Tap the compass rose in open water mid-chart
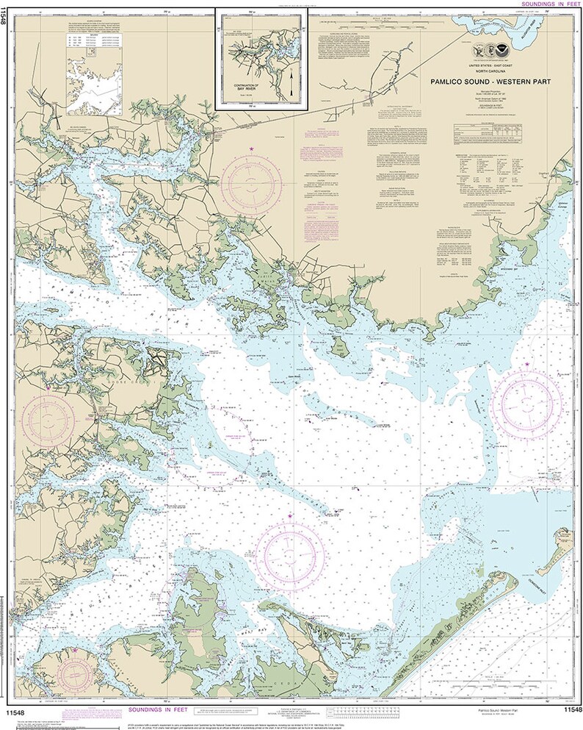pos(289,551)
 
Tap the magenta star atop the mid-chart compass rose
pos(289,518)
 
